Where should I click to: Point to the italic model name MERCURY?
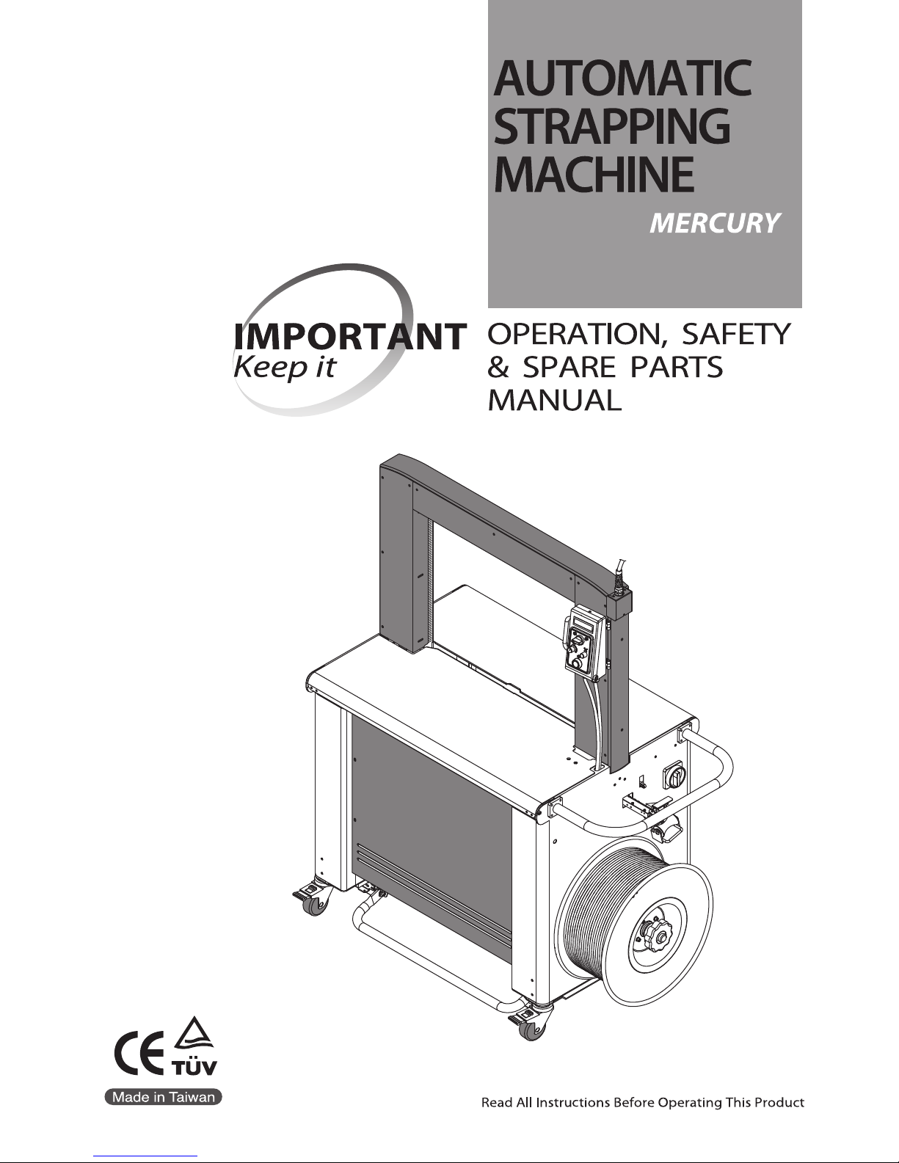coord(714,223)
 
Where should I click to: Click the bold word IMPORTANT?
coord(349,338)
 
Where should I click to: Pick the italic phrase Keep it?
coord(283,367)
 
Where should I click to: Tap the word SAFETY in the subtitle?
coord(736,335)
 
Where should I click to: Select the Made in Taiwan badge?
coord(162,1097)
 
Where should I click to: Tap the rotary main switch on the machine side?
coord(674,776)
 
